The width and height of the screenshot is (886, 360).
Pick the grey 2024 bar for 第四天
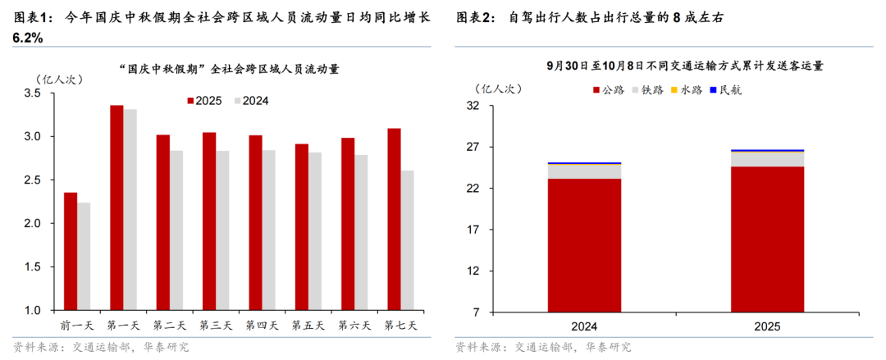tap(268, 230)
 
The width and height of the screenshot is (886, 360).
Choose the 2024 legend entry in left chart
tap(251, 101)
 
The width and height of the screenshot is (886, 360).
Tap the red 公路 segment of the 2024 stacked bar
tap(584, 245)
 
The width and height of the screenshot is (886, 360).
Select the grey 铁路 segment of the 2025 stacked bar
tap(767, 159)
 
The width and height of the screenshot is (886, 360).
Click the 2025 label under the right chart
tap(767, 326)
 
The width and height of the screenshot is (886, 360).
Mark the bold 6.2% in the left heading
tap(29, 39)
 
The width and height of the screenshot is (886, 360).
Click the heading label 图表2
tap(475, 16)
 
